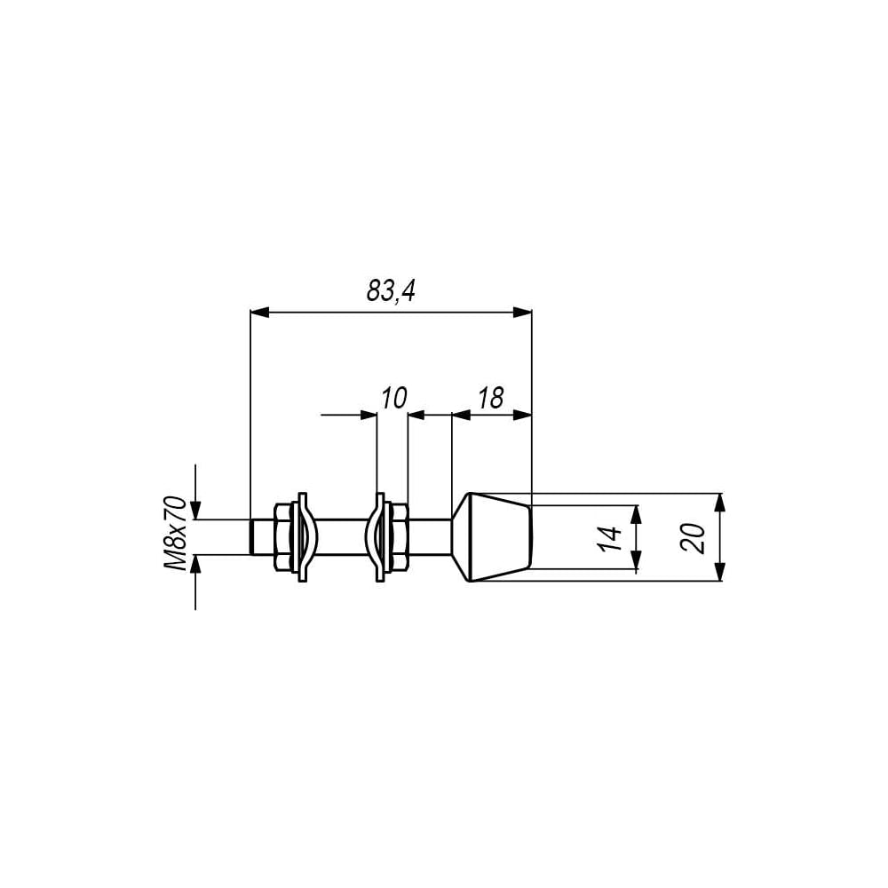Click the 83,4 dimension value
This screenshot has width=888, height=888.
[391, 291]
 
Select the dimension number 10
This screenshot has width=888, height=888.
[394, 398]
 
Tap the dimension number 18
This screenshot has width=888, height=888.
[490, 398]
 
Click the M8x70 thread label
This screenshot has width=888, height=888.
[176, 533]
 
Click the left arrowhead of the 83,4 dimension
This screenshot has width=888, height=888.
[259, 312]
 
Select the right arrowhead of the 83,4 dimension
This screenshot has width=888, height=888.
[523, 312]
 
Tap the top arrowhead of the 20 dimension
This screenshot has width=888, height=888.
[719, 503]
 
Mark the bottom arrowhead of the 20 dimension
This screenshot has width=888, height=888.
[719, 572]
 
